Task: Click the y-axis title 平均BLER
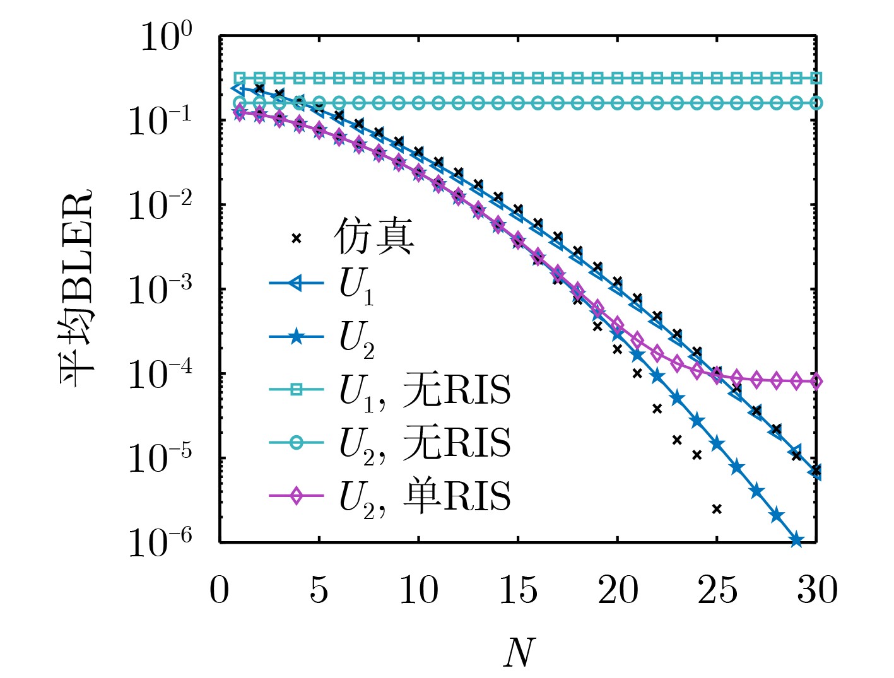click(76, 287)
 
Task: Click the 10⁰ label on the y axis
click(166, 38)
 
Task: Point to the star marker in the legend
click(296, 337)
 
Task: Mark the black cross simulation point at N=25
click(717, 509)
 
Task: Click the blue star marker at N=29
click(796, 540)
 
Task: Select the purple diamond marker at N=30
click(816, 382)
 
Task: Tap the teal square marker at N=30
click(816, 78)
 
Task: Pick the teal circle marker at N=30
click(816, 103)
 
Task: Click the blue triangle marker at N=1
click(238, 90)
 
